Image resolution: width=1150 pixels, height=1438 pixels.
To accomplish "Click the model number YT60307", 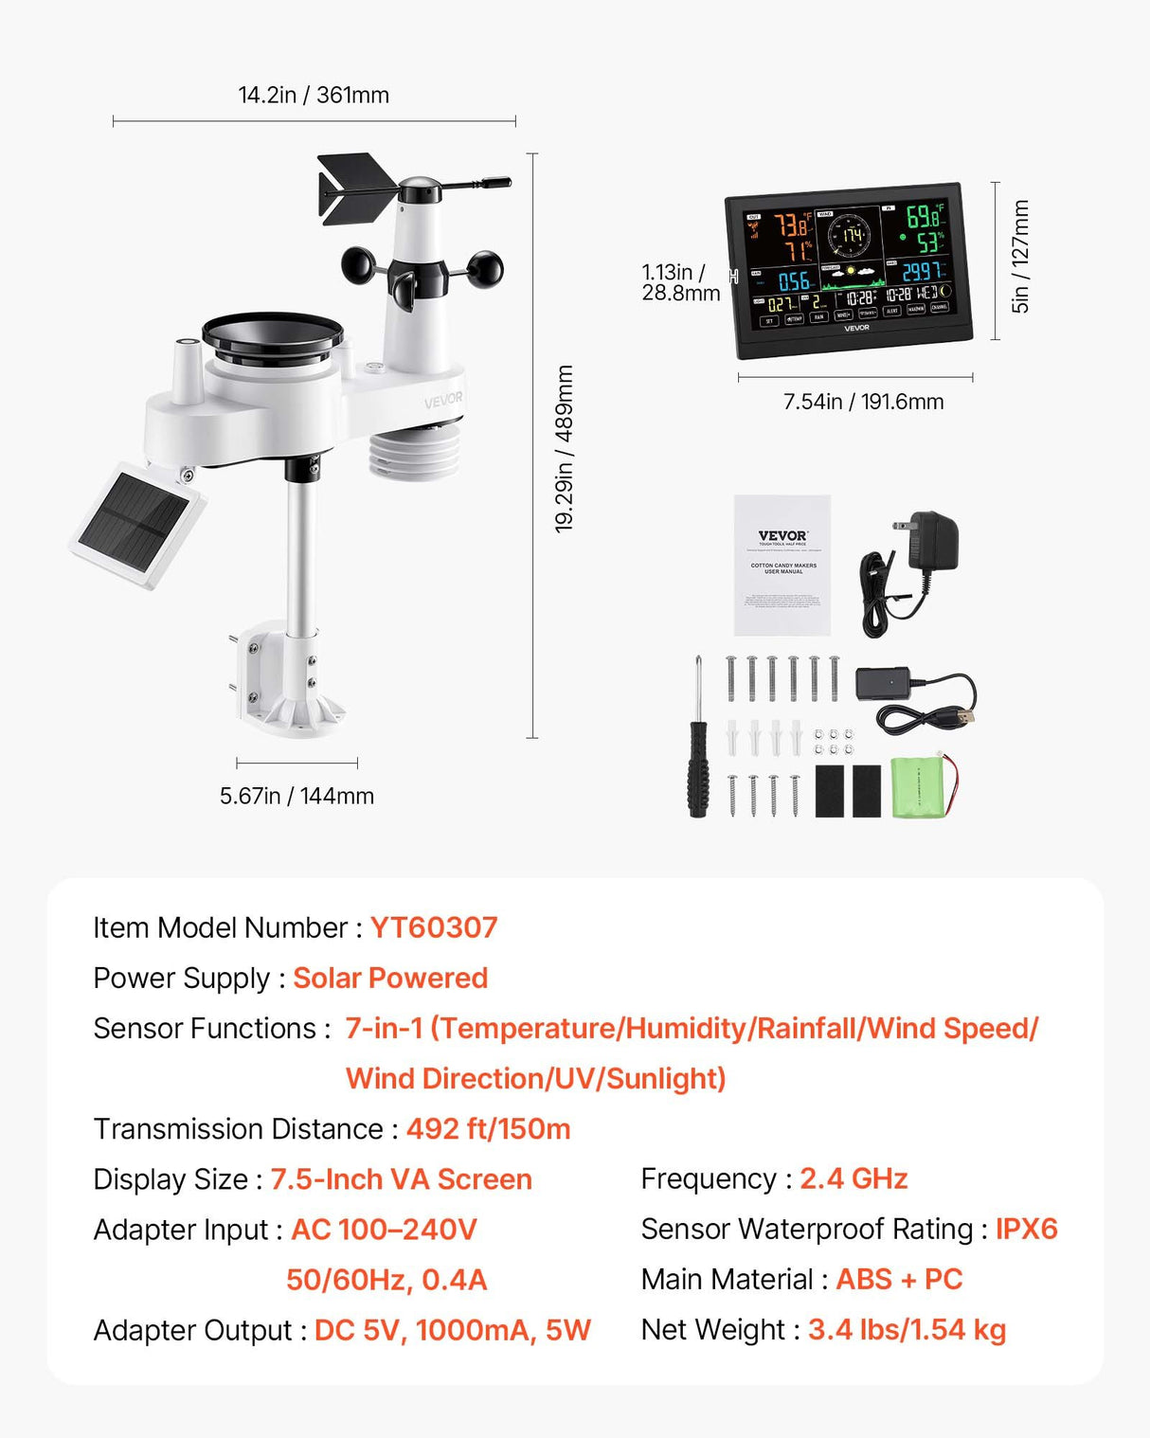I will pos(433,927).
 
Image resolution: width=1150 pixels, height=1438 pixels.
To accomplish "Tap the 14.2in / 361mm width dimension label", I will pos(314,95).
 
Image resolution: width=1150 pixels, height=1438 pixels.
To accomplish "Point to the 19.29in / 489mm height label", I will pos(565,448).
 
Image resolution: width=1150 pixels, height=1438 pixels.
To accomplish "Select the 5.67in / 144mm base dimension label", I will pos(296,796).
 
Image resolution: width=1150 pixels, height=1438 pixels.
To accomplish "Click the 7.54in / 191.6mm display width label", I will pos(863,402).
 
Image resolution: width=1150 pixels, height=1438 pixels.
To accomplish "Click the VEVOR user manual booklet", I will pos(782,565).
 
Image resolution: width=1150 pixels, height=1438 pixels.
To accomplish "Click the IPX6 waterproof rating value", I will pos(1026,1229).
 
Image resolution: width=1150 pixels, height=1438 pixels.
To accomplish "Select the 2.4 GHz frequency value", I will pos(854,1178).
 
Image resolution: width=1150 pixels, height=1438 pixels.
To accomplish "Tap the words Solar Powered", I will pos(390,978).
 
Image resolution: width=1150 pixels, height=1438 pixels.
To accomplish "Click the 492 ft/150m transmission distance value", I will pos(488,1128).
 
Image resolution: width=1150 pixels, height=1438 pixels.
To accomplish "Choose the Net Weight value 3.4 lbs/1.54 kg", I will pos(907,1329).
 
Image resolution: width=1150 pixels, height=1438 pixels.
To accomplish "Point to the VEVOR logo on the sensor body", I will pos(443,400).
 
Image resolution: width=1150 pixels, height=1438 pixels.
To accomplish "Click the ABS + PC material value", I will pos(899,1279).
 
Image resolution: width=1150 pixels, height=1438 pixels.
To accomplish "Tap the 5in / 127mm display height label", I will pos(1019,256).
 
